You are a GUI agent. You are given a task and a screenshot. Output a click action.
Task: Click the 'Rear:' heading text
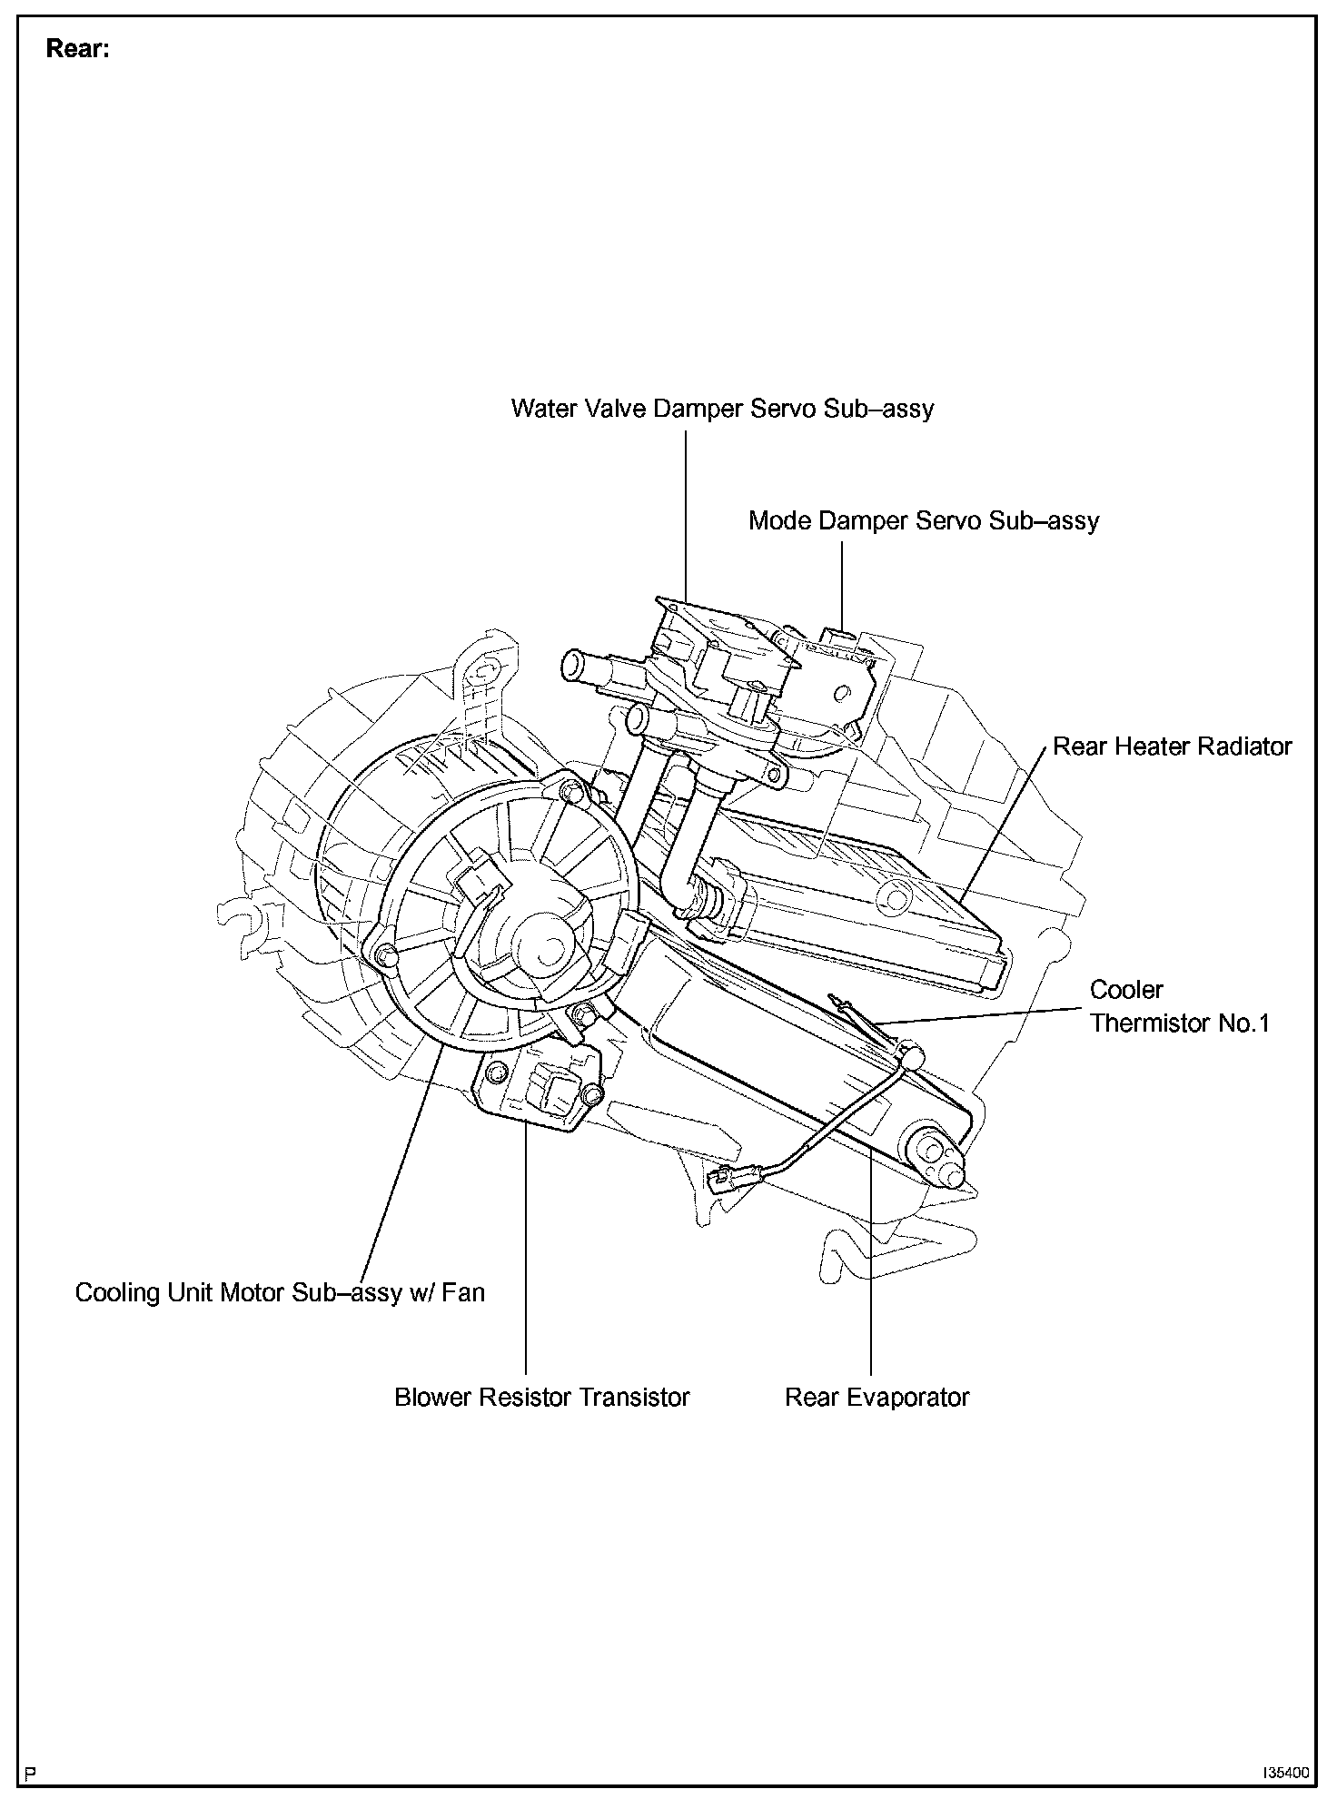(x=78, y=49)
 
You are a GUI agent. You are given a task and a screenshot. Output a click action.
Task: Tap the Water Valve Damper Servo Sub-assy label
(x=722, y=409)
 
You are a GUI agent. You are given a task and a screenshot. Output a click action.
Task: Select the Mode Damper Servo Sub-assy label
(x=923, y=521)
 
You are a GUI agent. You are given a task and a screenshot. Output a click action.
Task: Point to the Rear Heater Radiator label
(x=1172, y=746)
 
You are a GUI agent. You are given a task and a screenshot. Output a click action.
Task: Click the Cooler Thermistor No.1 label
(x=1179, y=1006)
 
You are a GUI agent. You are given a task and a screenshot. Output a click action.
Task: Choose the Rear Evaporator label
(x=876, y=1397)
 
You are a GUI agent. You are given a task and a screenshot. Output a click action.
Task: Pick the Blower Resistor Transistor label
(x=541, y=1397)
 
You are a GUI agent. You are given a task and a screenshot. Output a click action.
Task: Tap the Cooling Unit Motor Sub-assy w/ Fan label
(x=280, y=1292)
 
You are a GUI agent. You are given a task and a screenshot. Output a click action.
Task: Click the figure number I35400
(x=1284, y=1772)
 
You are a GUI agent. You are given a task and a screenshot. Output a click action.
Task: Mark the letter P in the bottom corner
(x=31, y=1772)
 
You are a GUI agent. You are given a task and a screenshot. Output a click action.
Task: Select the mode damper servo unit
(x=836, y=672)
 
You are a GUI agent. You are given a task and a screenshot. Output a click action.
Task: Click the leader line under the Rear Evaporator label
(x=871, y=1271)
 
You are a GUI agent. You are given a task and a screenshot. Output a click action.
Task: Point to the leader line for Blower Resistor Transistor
(x=526, y=1253)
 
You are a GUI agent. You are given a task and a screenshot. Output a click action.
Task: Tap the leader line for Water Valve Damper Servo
(x=686, y=518)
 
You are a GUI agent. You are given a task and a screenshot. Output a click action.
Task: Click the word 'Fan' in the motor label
(x=463, y=1292)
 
